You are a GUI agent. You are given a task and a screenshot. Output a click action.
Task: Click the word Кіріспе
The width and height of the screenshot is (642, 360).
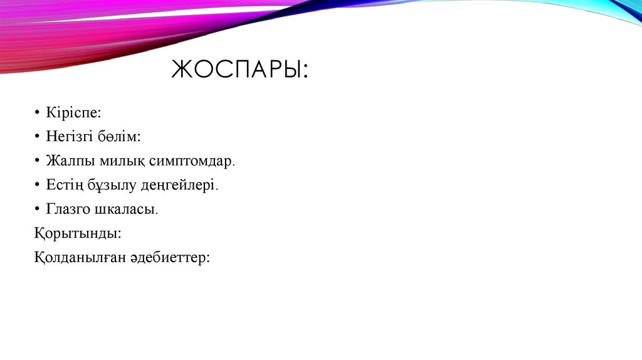(71, 112)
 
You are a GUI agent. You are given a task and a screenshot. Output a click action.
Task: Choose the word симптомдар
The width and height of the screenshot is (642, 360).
(191, 161)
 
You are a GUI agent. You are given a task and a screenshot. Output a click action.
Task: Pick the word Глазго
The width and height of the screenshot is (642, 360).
(68, 209)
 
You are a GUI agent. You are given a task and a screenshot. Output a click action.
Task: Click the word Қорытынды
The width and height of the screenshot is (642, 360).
(76, 233)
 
